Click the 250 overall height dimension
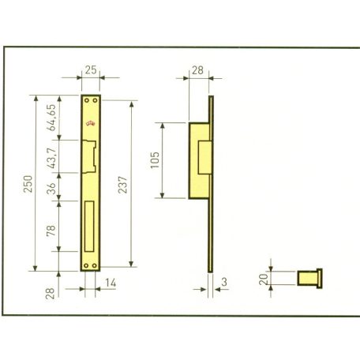[x=28, y=186]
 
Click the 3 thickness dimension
[x=225, y=283]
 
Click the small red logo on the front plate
[x=89, y=124]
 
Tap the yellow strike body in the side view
[x=198, y=161]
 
